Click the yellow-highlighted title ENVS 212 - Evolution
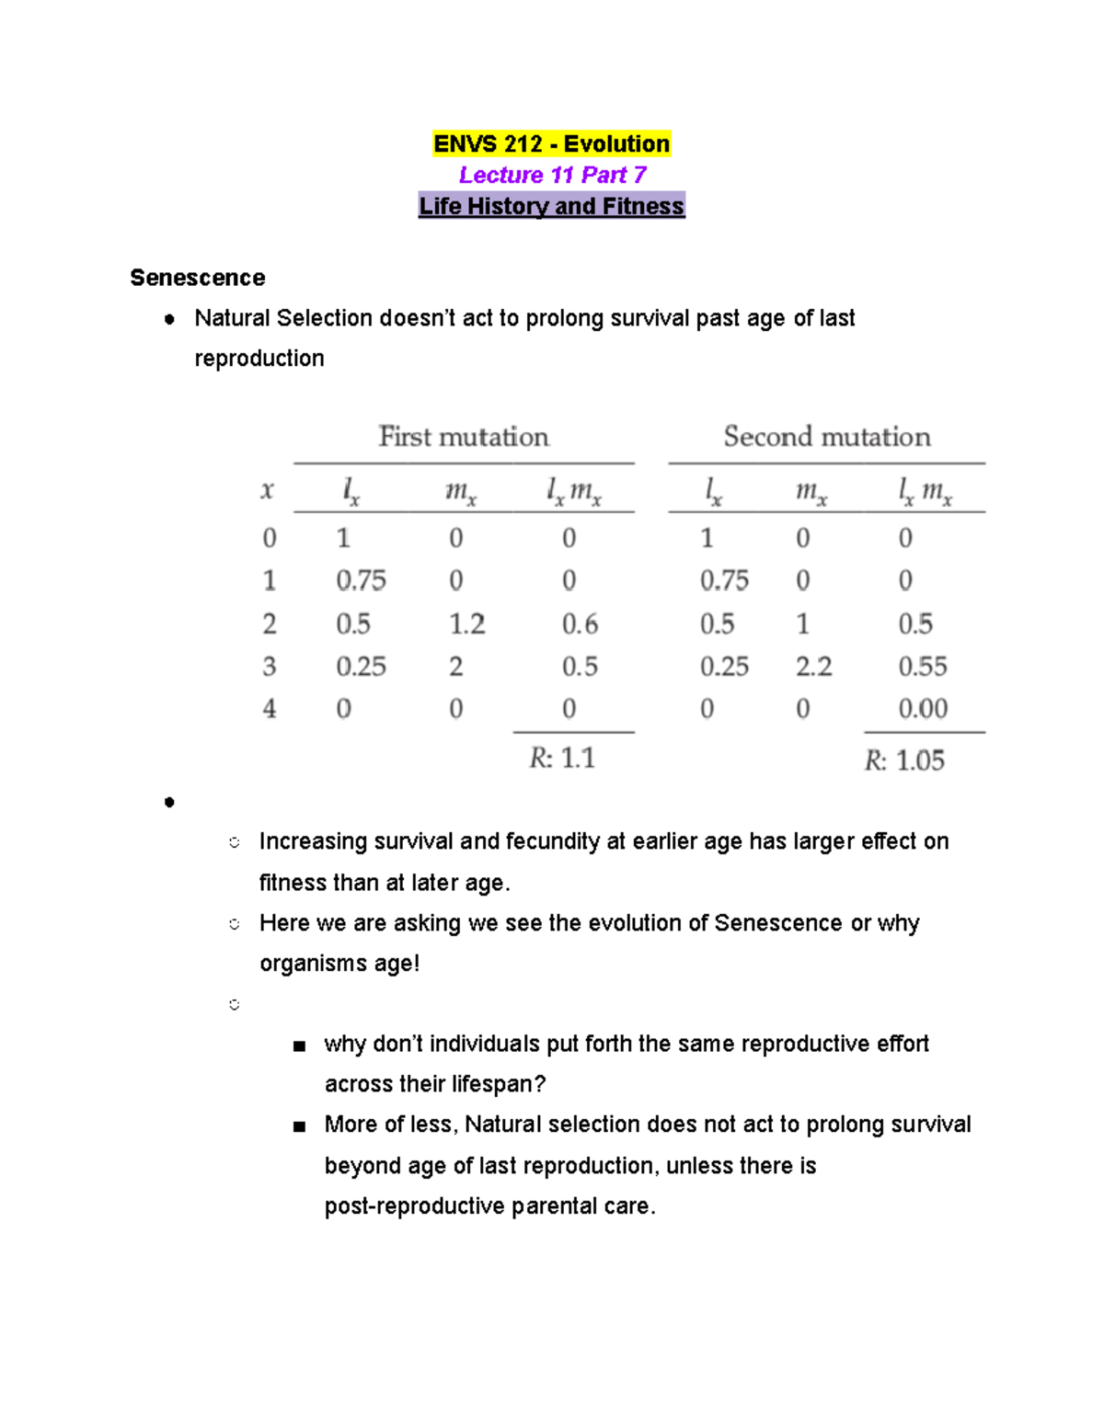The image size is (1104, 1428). (551, 144)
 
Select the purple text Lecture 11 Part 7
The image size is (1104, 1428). (552, 175)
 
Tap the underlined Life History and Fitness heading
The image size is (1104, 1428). (551, 206)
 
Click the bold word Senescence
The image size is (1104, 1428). (198, 278)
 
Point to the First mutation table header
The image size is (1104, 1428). (464, 437)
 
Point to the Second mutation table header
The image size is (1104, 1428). (826, 437)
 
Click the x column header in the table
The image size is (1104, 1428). (268, 491)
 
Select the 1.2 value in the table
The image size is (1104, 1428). (466, 624)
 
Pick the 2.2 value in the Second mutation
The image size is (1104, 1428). (813, 667)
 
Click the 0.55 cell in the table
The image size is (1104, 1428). (922, 667)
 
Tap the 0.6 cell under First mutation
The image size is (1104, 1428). (580, 624)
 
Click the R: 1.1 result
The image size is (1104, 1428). (562, 759)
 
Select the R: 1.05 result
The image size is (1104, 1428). (904, 760)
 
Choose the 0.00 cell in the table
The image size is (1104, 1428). (922, 709)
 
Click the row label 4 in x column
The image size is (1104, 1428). (269, 709)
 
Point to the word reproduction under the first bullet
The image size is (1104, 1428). (259, 359)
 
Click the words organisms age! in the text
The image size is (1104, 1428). (339, 964)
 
